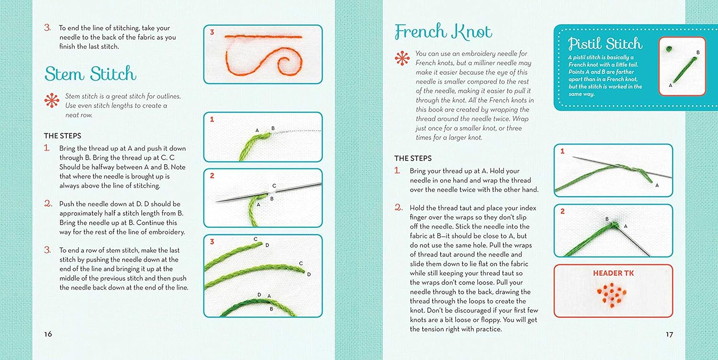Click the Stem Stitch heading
pos(90,74)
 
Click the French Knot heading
pos(443,32)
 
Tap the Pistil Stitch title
pos(605,44)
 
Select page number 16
pos(48,334)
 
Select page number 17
pos(669,334)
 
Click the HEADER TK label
pos(613,273)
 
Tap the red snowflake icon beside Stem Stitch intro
pos(52,101)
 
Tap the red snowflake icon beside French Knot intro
pos(402,58)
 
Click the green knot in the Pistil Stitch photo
pos(669,49)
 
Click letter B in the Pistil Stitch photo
pos(698,52)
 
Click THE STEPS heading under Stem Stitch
pos(63,135)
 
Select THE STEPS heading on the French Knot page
pos(413,158)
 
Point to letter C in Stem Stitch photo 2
pos(274,186)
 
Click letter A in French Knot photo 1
pos(657,185)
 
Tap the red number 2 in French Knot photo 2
pos(562,211)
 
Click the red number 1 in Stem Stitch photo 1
pos(212,119)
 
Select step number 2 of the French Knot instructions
pos(398,207)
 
